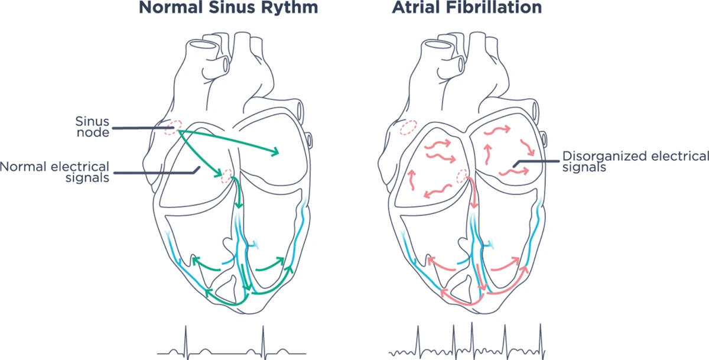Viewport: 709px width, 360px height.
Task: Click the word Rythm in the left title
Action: [291, 9]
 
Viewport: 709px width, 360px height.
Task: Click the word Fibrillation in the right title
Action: [501, 9]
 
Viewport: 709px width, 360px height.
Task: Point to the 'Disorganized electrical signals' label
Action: [635, 161]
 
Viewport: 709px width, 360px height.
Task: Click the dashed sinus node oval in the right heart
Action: [408, 128]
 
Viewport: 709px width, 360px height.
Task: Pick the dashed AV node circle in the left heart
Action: [226, 176]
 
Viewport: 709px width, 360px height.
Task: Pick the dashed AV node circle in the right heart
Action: [463, 176]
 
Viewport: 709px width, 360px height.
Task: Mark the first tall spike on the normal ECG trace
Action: [186, 337]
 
